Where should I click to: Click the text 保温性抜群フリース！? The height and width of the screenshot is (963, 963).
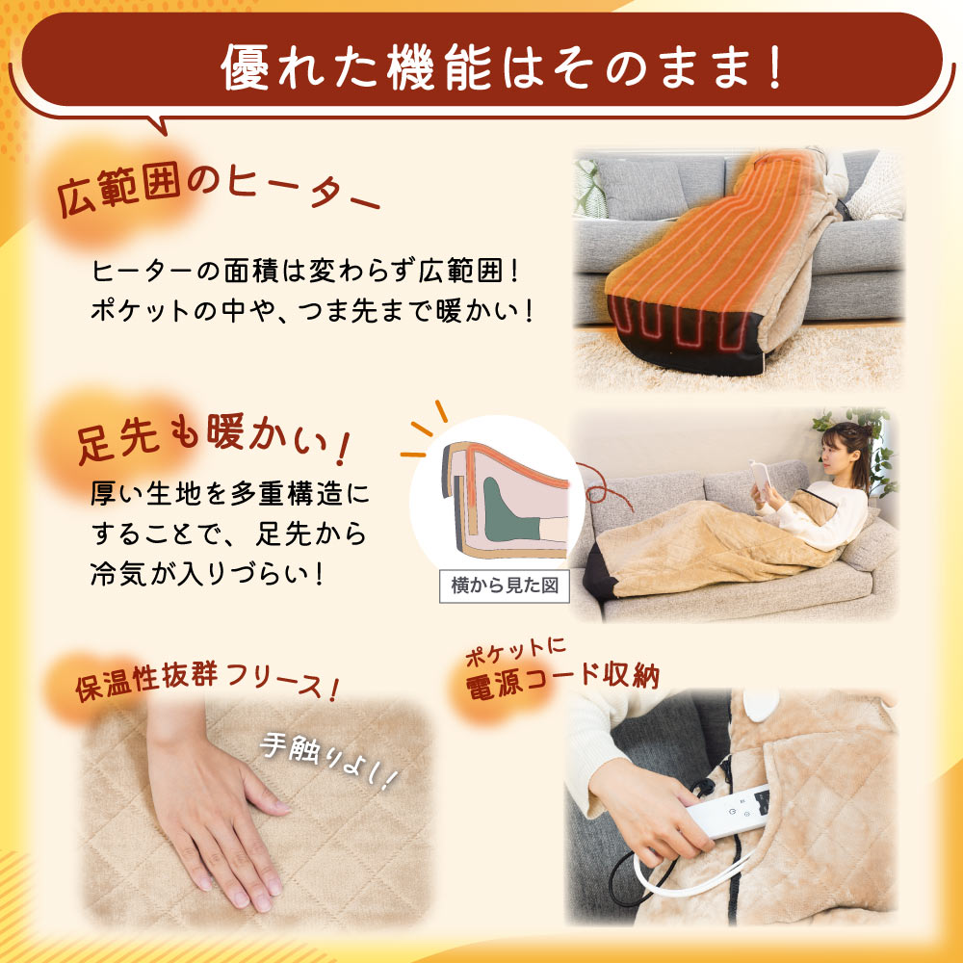(207, 683)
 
